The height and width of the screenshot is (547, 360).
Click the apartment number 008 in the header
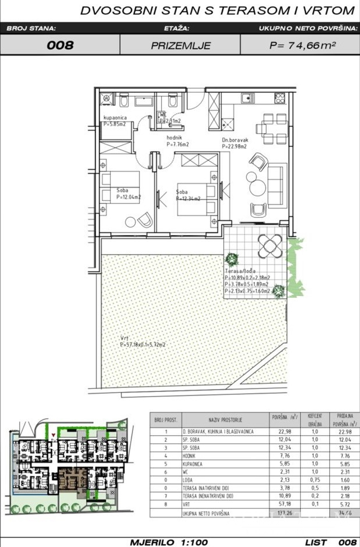(x=60, y=45)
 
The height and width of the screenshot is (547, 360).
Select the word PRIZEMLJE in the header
(x=180, y=46)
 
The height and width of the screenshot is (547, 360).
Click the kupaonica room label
(x=116, y=118)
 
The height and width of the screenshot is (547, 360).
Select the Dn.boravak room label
(x=233, y=140)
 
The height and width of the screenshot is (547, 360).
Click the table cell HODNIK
(x=193, y=456)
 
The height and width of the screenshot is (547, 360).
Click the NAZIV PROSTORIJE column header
(x=225, y=420)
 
